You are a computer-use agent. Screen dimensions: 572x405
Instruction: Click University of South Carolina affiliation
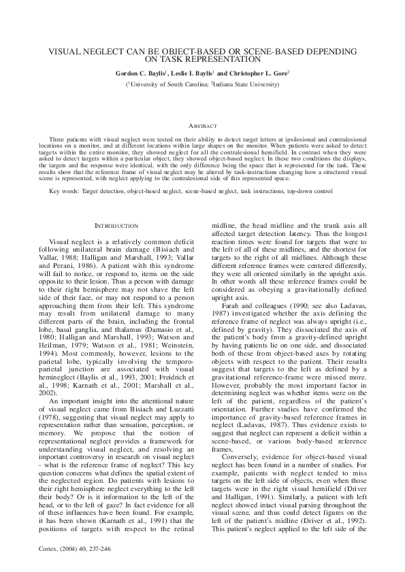[167, 84]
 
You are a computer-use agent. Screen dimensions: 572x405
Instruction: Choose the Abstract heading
[202, 126]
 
